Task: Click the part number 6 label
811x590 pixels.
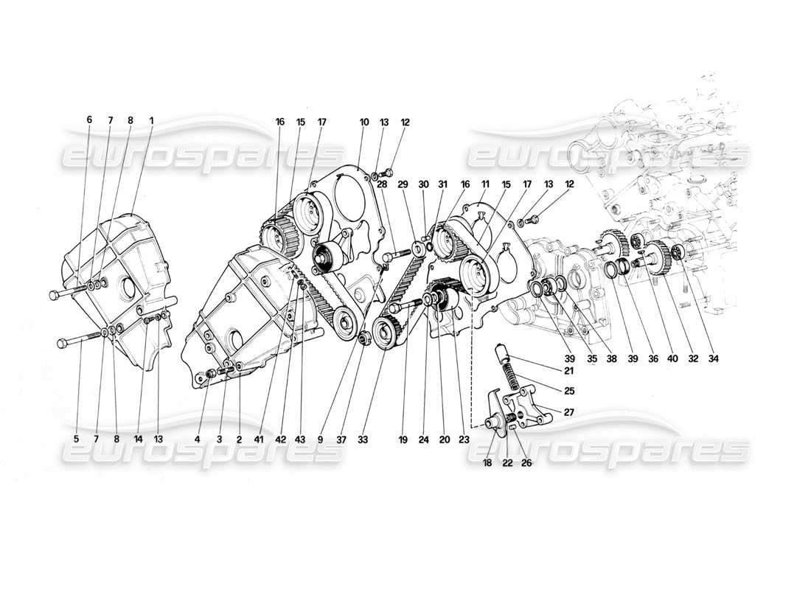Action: coord(89,119)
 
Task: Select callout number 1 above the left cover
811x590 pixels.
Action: coord(151,119)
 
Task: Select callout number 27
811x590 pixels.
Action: coord(568,412)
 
